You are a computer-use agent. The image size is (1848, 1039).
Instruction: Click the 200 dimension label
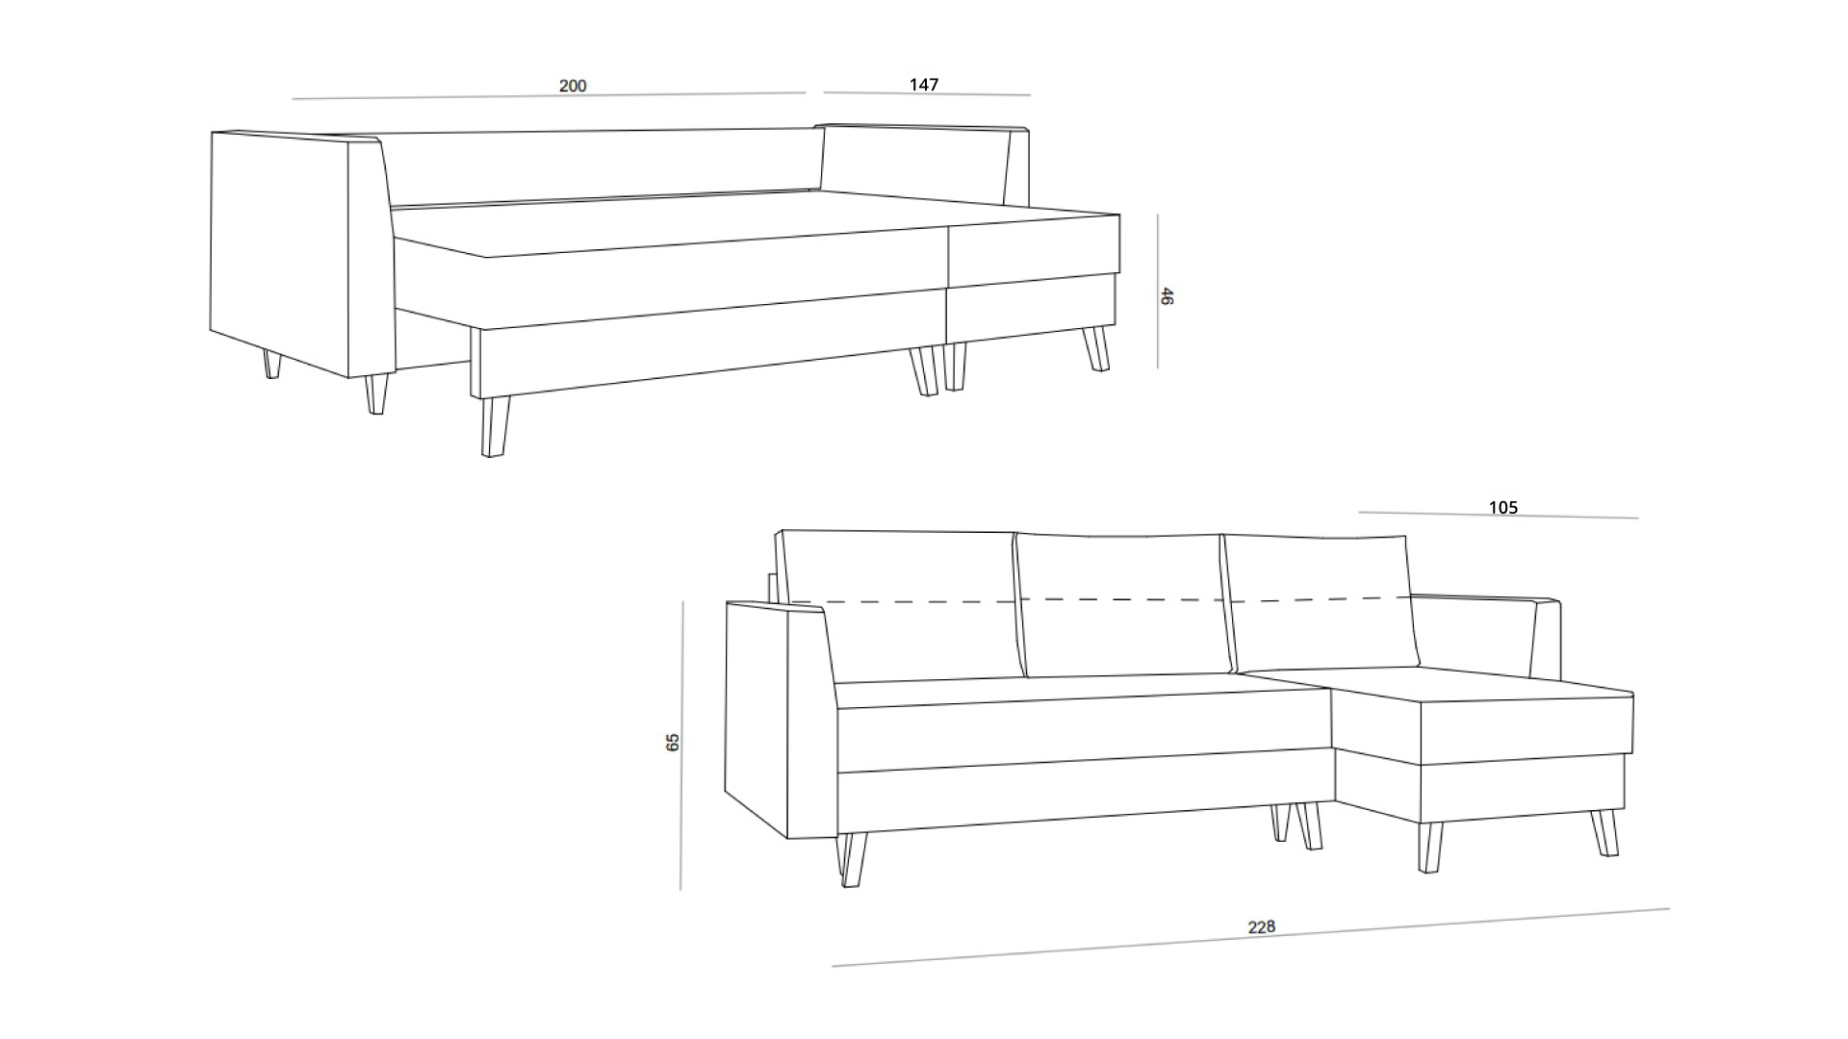(x=573, y=86)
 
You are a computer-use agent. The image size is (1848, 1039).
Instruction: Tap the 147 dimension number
(x=924, y=85)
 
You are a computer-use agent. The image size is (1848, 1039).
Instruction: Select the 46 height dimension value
(x=1167, y=296)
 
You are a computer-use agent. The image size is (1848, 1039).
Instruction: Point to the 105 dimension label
(x=1503, y=508)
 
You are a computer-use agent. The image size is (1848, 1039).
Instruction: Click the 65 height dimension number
(x=673, y=742)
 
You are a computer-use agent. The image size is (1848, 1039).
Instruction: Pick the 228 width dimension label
(x=1262, y=926)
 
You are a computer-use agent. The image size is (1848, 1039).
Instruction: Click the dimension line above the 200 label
(x=549, y=95)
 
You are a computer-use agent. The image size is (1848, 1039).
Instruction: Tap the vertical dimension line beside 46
(x=1158, y=291)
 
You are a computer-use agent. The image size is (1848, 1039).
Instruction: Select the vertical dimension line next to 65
(x=681, y=746)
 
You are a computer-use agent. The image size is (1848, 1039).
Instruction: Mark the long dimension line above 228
(x=1251, y=937)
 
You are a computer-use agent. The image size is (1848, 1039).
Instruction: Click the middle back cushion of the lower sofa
(x=1121, y=606)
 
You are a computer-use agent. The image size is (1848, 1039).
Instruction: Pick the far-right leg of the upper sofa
(x=1096, y=349)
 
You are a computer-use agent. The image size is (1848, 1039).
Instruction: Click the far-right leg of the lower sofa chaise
(x=1604, y=833)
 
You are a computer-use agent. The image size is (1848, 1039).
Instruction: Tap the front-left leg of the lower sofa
(x=853, y=859)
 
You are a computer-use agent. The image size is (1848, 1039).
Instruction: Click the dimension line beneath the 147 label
(x=927, y=94)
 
